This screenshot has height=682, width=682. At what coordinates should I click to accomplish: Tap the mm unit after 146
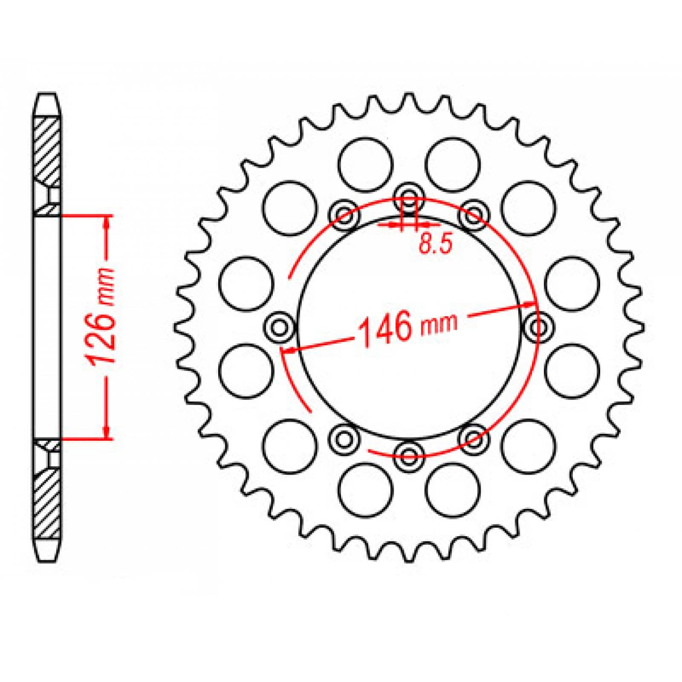439,323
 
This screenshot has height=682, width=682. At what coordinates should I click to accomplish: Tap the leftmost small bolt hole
279,327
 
